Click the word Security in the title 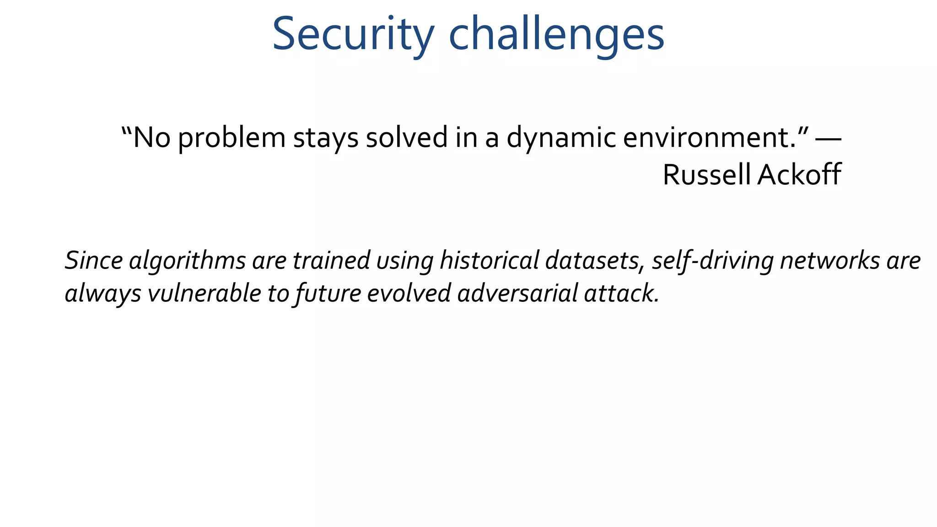(x=353, y=34)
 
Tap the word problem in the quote (x=232, y=137)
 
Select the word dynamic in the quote (x=561, y=137)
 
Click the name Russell (x=706, y=174)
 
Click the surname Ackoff (x=799, y=174)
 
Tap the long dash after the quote (x=828, y=137)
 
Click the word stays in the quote (x=326, y=137)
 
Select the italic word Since (x=94, y=260)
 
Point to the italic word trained (x=331, y=260)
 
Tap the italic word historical (x=489, y=260)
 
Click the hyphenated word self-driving (x=712, y=260)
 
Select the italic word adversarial (x=517, y=293)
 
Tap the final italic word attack (x=621, y=293)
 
